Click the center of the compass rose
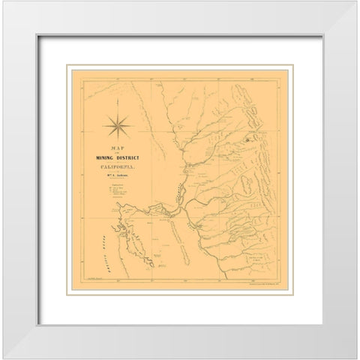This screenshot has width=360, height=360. click(119, 123)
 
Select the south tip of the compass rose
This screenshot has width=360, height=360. click(119, 139)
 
